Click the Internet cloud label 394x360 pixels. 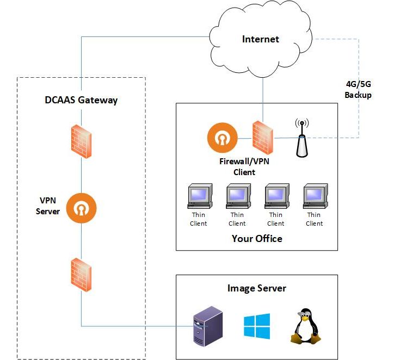[x=260, y=39]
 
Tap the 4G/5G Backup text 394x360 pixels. [x=358, y=90]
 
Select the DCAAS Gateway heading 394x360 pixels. [x=81, y=100]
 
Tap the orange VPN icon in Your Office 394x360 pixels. [x=222, y=139]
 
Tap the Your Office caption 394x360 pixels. [x=257, y=238]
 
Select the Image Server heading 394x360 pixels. [x=256, y=288]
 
